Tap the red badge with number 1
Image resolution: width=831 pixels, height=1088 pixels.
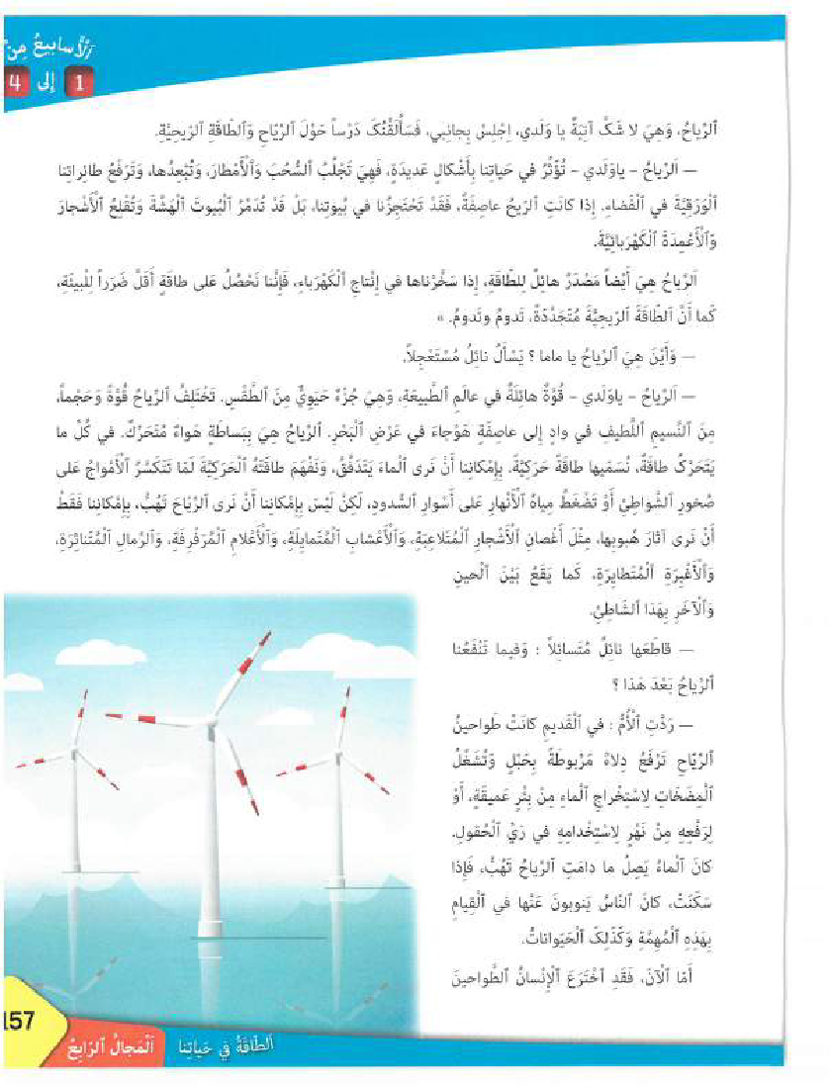83,82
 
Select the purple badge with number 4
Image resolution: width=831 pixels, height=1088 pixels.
14,82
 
